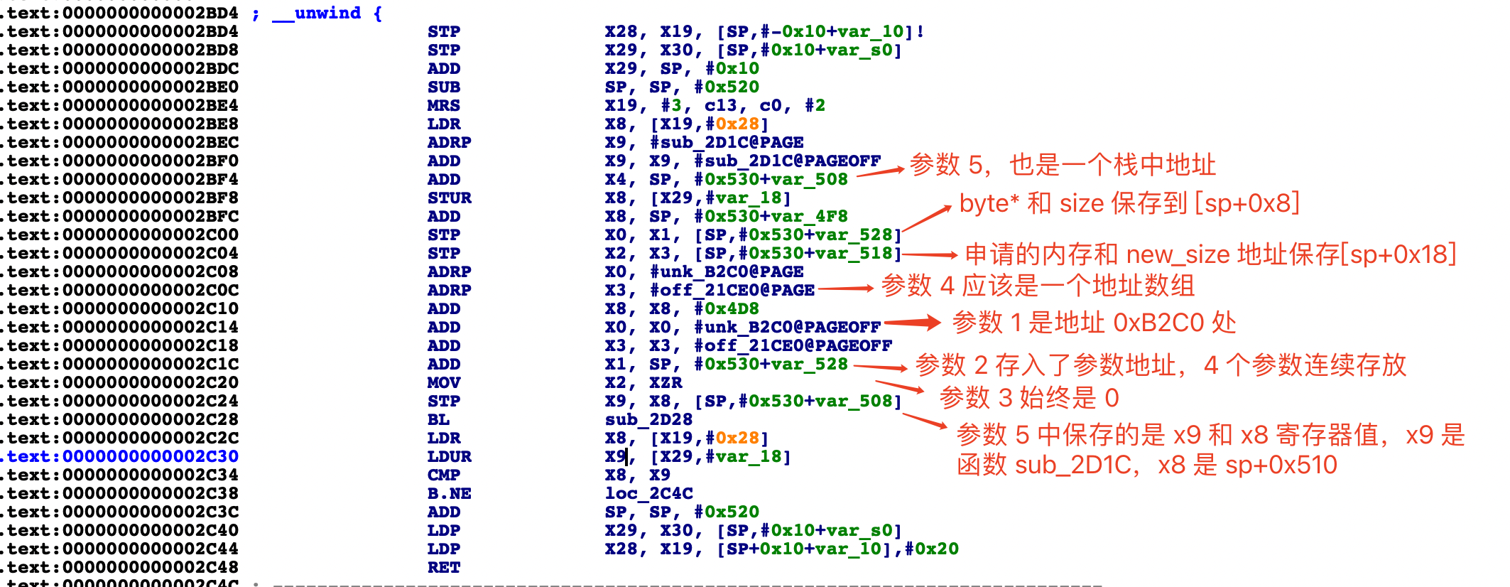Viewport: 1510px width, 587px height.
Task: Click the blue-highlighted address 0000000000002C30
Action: click(150, 456)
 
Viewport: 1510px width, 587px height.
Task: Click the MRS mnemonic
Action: click(443, 105)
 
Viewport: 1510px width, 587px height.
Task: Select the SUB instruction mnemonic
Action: click(443, 87)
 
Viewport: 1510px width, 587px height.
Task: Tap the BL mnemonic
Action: click(438, 419)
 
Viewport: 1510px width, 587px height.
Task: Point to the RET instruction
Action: click(443, 567)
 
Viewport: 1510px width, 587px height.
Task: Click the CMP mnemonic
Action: click(443, 475)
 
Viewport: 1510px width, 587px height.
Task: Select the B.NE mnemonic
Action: click(449, 493)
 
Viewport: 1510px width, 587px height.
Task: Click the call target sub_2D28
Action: click(648, 419)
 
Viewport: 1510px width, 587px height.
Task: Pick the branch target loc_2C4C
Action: click(648, 493)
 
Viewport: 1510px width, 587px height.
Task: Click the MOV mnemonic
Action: click(443, 382)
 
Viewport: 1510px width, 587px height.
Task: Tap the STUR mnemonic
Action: click(449, 198)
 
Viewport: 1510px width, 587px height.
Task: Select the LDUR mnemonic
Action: click(449, 456)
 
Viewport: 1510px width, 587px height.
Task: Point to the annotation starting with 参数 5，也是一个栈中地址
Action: click(1063, 165)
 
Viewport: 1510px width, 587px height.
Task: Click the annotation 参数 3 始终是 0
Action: click(1028, 398)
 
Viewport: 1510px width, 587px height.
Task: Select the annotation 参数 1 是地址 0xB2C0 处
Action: click(1094, 323)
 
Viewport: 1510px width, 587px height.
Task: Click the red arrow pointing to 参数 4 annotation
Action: click(845, 288)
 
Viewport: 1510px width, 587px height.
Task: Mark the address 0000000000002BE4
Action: click(150, 105)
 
